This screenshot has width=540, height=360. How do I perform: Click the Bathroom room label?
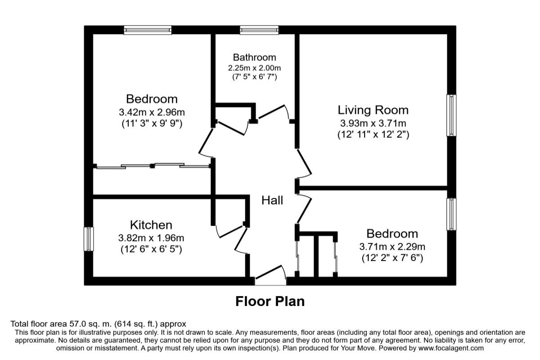click(254, 58)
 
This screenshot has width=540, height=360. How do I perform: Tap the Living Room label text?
click(373, 110)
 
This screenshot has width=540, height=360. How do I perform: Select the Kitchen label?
click(151, 225)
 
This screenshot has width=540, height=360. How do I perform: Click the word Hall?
click(272, 200)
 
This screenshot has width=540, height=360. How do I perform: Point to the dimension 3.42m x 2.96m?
click(151, 112)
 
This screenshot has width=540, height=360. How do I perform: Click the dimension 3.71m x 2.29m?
click(391, 246)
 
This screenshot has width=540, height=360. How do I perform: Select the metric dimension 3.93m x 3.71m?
click(373, 123)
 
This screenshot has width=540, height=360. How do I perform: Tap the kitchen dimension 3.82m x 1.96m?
click(151, 238)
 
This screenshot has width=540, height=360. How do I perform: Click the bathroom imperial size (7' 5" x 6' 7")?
click(254, 76)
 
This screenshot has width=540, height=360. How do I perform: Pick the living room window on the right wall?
click(451, 115)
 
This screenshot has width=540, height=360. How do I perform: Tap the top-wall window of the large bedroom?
click(148, 30)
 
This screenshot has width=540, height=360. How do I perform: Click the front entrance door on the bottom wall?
click(270, 275)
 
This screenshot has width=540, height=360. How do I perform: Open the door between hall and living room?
click(303, 163)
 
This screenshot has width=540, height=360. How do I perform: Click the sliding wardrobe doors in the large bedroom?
click(153, 166)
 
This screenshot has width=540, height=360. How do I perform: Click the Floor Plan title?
click(270, 301)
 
